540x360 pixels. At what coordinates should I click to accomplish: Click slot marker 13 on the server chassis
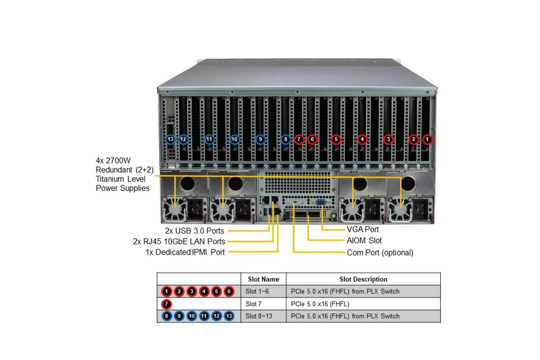[170, 139]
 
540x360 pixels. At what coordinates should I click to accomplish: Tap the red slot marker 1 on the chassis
[427, 139]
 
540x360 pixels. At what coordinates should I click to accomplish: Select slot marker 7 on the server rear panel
[299, 139]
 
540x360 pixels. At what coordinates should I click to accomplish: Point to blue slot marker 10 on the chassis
[234, 139]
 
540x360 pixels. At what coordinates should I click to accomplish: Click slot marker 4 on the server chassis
[362, 139]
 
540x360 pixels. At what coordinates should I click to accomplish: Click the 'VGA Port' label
[363, 229]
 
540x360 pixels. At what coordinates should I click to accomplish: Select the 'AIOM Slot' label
[364, 241]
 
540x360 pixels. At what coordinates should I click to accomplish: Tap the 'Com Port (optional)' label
[380, 252]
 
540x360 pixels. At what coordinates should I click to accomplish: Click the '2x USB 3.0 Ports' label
[194, 231]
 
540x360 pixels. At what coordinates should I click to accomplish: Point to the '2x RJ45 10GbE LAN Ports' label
[179, 242]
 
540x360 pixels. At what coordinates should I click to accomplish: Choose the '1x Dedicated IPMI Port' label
[185, 252]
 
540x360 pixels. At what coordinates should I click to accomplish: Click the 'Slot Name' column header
[263, 279]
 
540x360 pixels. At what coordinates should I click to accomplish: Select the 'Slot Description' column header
[363, 279]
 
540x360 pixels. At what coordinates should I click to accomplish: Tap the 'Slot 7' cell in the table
[254, 304]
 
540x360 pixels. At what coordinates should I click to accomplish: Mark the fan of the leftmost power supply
[174, 211]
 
